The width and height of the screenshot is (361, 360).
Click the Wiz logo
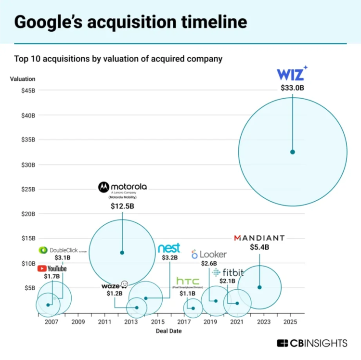coord(292,75)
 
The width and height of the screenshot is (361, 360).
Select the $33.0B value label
coord(293,88)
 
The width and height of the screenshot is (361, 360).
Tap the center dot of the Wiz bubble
coord(292,152)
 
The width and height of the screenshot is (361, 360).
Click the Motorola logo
coord(122,187)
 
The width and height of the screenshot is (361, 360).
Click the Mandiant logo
coord(259,238)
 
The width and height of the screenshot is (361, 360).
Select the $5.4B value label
coord(259,247)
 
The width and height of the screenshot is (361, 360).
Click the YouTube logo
coord(52,269)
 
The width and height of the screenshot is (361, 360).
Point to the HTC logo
coord(188,281)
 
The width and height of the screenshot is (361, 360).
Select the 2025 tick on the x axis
coord(290,321)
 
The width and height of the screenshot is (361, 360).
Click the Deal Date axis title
coord(168,331)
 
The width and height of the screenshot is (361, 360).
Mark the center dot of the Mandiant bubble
coord(259,287)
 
